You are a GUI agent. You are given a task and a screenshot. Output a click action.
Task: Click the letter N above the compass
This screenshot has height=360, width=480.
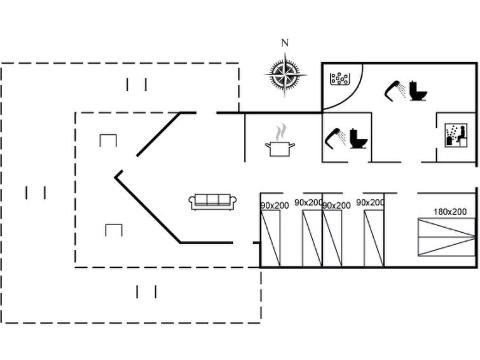tap(285, 43)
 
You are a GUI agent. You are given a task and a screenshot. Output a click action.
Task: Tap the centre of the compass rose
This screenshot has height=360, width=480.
tap(285, 74)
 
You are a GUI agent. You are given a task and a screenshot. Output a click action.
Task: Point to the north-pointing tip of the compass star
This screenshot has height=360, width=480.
tap(285, 53)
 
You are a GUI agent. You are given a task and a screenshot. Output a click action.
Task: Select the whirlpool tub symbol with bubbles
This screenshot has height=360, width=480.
tap(339, 79)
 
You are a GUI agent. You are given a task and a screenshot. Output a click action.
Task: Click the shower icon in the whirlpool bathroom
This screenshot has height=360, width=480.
tap(395, 90)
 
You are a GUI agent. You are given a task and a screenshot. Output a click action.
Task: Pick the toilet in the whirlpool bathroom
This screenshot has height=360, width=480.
tap(418, 91)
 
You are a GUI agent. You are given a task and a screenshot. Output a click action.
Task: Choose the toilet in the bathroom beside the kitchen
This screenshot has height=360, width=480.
tap(358, 139)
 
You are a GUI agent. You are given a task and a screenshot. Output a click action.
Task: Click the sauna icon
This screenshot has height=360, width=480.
tap(456, 135)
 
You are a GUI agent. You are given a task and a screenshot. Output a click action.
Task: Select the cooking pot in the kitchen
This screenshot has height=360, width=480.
tap(280, 149)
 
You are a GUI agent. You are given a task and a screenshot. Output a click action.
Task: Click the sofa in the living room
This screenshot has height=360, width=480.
tap(212, 202)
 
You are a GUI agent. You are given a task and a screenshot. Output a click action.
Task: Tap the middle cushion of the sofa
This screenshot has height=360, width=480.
tap(212, 200)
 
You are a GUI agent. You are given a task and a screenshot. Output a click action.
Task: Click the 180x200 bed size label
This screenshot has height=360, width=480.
tap(449, 212)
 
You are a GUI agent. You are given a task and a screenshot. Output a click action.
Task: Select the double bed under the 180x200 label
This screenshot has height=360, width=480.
tap(446, 237)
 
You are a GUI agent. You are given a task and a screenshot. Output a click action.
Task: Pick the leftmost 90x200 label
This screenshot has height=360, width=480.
tap(275, 205)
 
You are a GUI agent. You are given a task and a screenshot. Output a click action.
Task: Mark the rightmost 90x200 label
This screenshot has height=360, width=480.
tap(370, 202)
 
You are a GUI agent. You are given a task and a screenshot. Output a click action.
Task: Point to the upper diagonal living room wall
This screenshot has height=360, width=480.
tap(158, 134)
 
